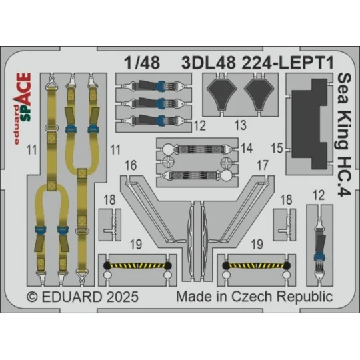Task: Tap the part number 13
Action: [x=241, y=125]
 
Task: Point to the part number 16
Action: [x=131, y=164]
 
